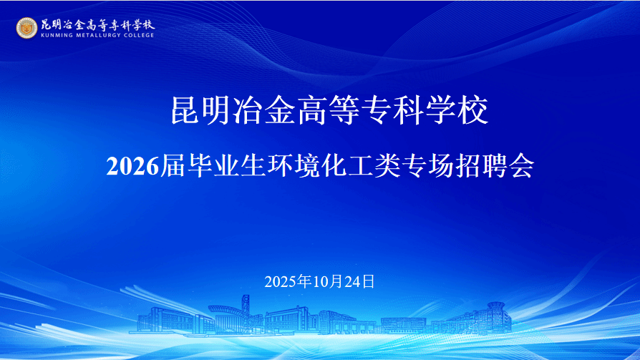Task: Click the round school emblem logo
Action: pyautogui.click(x=26, y=28)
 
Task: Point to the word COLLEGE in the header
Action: pyautogui.click(x=139, y=35)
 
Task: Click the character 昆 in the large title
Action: pyautogui.click(x=185, y=110)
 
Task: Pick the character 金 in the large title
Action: pyautogui.click(x=281, y=110)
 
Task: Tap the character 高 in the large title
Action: pyautogui.click(x=314, y=110)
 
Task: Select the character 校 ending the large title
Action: pyautogui.click(x=473, y=110)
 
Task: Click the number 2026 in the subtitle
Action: pyautogui.click(x=132, y=167)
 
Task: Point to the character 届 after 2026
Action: pyautogui.click(x=173, y=166)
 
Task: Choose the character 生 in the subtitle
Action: pyautogui.click(x=253, y=166)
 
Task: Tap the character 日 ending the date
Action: pyautogui.click(x=368, y=282)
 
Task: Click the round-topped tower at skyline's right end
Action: pyautogui.click(x=496, y=314)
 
